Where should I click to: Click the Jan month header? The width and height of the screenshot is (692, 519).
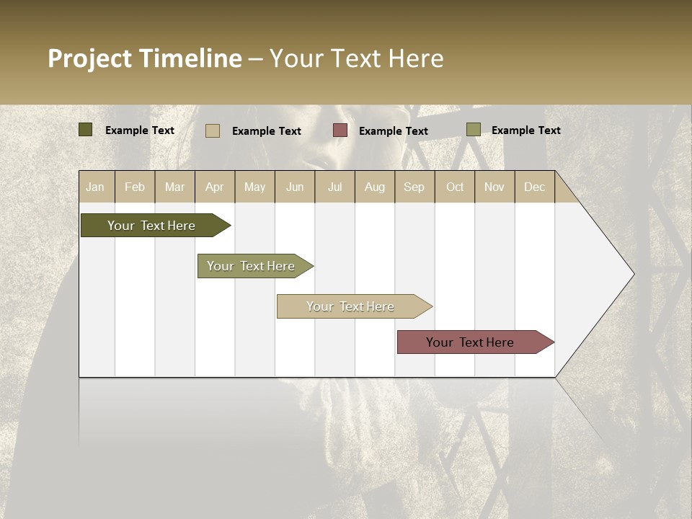click(x=96, y=187)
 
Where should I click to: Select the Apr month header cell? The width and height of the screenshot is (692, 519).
click(x=215, y=187)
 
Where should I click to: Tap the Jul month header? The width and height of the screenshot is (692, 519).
click(x=334, y=187)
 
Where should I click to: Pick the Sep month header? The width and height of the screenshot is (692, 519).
click(x=414, y=187)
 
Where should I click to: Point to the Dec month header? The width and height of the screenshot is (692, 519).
click(x=534, y=187)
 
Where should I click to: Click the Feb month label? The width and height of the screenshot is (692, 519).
click(x=135, y=187)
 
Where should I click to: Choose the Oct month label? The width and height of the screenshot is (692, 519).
click(x=455, y=187)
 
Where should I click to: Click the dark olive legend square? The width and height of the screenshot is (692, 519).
click(x=85, y=130)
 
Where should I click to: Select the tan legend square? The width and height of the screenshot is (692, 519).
click(x=213, y=130)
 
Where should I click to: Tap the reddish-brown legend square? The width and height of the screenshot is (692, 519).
click(x=340, y=130)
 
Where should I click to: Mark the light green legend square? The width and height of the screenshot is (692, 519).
click(x=473, y=130)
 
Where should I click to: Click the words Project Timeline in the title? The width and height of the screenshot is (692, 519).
click(x=144, y=58)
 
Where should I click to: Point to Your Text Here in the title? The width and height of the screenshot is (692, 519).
click(x=356, y=58)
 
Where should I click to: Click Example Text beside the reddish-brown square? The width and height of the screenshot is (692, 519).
click(x=393, y=131)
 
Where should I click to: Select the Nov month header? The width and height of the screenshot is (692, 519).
click(x=494, y=187)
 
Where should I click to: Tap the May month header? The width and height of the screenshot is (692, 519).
click(x=254, y=187)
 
